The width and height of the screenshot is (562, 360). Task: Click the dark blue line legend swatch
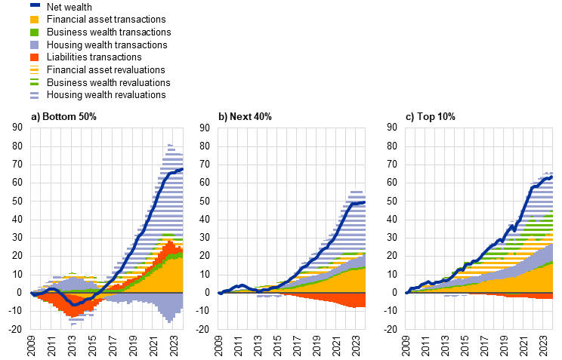(x=35, y=5)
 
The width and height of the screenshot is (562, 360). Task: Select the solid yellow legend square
(x=34, y=20)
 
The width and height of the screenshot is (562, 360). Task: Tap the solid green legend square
(x=34, y=32)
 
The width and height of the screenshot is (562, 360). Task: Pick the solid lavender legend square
(x=34, y=45)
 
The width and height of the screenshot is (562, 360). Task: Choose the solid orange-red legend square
(x=34, y=57)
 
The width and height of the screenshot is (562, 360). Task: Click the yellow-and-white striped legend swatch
(x=34, y=69)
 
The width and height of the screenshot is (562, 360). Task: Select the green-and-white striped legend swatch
(x=34, y=82)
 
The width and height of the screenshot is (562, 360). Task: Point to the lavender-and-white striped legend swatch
(x=34, y=95)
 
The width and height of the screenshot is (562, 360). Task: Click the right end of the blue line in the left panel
(x=182, y=169)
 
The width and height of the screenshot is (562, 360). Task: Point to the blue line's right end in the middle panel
(x=365, y=202)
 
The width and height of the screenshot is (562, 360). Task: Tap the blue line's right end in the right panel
(x=552, y=177)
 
